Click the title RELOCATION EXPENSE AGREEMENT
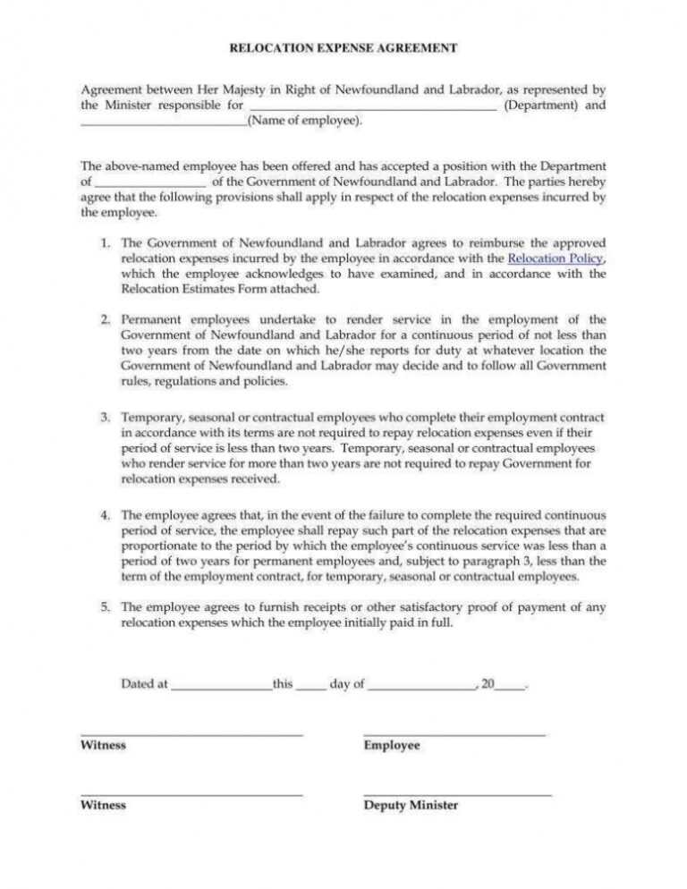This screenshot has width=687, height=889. tap(343, 47)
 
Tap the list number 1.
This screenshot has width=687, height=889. tap(105, 242)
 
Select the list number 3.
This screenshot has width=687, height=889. tap(105, 418)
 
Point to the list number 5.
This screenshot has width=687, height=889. tap(105, 606)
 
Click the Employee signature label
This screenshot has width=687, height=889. tap(392, 745)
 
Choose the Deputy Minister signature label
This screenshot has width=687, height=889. tap(411, 805)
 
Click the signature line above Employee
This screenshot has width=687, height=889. tap(454, 735)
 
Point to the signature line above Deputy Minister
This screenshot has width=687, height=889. tap(457, 795)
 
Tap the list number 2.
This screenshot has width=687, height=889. tap(105, 319)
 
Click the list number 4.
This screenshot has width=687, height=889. tap(105, 515)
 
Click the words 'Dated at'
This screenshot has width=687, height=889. tap(144, 684)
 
